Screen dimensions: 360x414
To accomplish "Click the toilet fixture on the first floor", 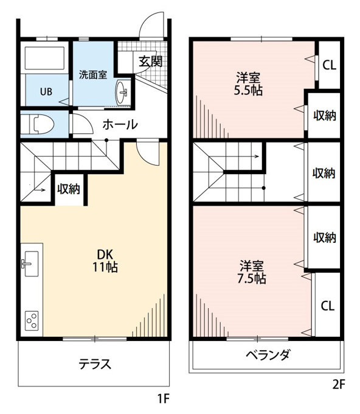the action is (38, 124).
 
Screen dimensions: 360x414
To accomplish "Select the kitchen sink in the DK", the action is (32, 264).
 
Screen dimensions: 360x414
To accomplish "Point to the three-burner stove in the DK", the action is (32, 320).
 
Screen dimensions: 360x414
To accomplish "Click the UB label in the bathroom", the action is (46, 92).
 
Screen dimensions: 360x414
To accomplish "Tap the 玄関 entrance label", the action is (151, 62).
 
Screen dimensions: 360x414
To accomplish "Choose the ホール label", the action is (120, 125).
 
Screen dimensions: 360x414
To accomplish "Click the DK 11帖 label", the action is (105, 261).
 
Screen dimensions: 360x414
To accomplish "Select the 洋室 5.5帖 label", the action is (248, 84).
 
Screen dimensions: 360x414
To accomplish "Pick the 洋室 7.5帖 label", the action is (251, 272).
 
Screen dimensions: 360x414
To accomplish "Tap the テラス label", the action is (95, 364).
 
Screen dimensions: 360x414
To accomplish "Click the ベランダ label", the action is (268, 354).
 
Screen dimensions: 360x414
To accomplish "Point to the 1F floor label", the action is (163, 398).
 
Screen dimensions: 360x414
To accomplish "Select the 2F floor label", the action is (339, 384).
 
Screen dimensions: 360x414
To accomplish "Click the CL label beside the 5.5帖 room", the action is (330, 65).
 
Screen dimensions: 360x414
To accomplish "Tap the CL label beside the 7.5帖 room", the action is (328, 306).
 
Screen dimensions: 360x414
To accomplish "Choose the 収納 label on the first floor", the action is (69, 189).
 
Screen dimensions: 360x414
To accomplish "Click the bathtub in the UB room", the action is (44, 58).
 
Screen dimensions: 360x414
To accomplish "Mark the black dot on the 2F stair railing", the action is (264, 188).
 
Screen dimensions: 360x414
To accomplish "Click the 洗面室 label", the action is (93, 75).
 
